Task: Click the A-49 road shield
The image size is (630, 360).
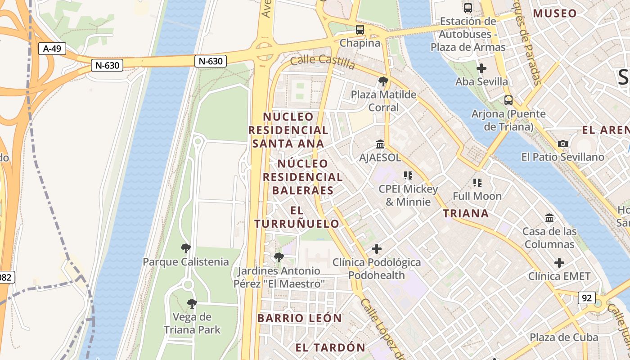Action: (52, 49)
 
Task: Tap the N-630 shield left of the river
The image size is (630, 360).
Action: (108, 65)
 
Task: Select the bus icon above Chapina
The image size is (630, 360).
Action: (360, 30)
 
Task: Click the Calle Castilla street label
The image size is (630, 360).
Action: (322, 62)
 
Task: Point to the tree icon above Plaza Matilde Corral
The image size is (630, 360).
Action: (383, 81)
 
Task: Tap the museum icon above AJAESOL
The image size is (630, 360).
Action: (380, 144)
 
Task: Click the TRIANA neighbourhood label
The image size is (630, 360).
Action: (466, 213)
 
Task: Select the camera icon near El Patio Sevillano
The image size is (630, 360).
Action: (562, 144)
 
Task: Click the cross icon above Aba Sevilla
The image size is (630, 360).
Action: (481, 68)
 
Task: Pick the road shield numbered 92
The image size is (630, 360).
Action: (586, 298)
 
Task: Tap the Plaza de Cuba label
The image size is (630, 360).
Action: (563, 337)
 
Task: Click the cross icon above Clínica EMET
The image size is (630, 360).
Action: (559, 263)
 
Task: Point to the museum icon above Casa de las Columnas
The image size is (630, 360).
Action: (549, 218)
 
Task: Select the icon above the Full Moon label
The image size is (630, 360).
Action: (477, 183)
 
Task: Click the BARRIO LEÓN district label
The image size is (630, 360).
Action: (300, 318)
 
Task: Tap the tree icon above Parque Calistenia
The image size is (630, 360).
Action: (185, 248)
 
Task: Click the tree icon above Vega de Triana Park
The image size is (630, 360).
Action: (192, 304)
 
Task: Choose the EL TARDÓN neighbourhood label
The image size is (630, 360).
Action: (330, 347)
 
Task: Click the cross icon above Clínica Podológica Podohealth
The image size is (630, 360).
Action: (377, 249)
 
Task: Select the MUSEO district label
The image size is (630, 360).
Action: (555, 13)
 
